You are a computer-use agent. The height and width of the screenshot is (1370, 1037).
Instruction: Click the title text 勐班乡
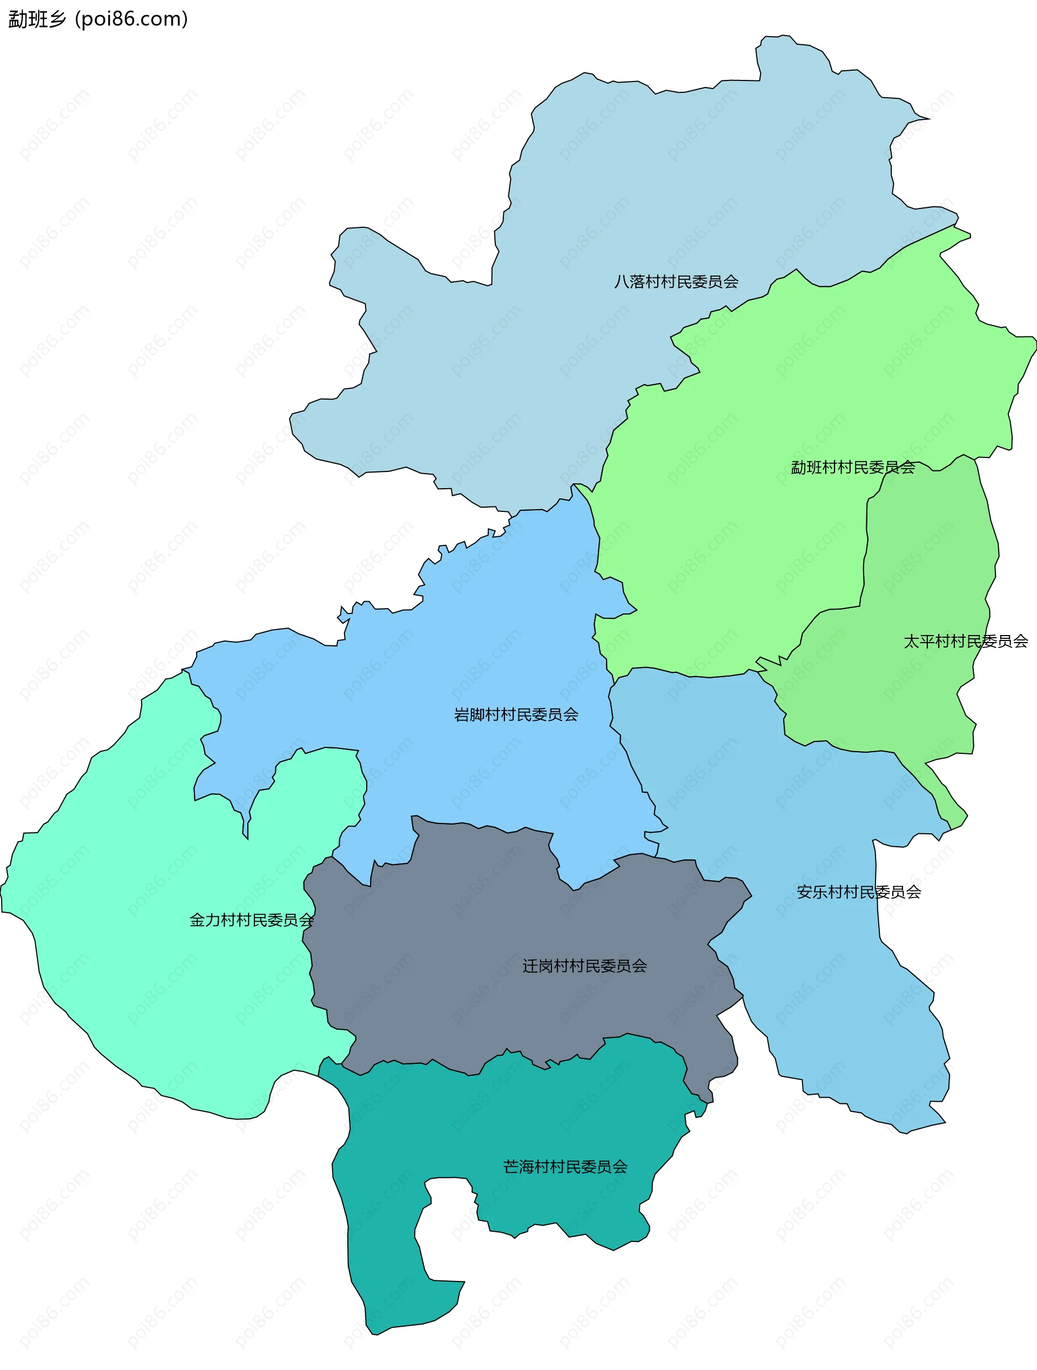point(37,19)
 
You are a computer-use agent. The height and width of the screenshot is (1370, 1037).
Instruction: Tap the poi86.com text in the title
point(131,19)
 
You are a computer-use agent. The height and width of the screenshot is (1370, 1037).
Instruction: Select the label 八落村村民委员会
point(676,282)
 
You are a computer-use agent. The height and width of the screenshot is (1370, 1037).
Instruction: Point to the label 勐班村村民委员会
point(852,467)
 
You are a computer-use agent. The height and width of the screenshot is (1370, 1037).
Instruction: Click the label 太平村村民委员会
point(965,641)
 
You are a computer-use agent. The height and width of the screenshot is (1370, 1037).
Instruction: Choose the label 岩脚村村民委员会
point(516,715)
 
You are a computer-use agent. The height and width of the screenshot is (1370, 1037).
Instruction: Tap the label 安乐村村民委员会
point(859,892)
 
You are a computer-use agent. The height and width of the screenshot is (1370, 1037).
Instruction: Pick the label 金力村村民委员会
point(252,920)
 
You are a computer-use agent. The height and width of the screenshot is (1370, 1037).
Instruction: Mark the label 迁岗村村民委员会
point(584,966)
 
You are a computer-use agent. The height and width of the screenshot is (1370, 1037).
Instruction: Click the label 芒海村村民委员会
point(565,1167)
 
